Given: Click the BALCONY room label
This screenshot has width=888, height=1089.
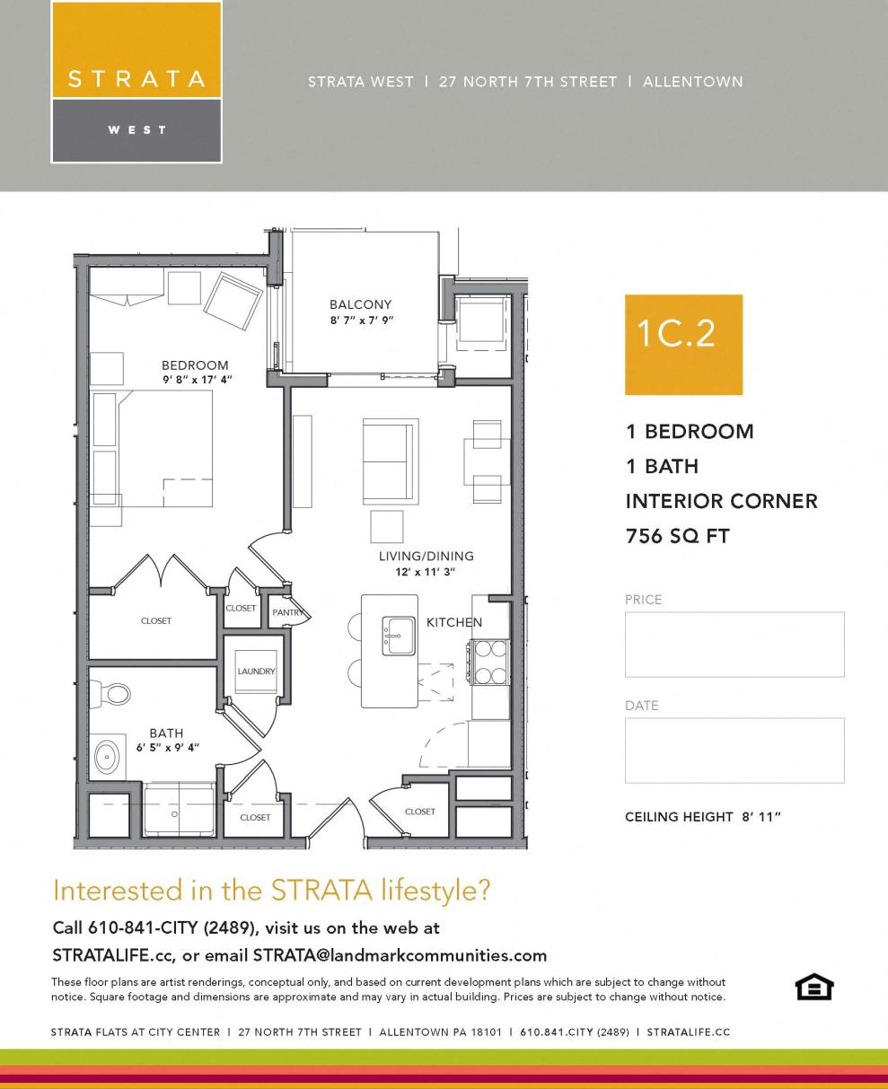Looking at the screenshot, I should click(360, 304).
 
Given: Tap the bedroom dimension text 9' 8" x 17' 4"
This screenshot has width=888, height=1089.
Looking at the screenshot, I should click(196, 380).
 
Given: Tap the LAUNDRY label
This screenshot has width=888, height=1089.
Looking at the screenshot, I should click(256, 671).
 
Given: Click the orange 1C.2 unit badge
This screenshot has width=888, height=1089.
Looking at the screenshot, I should click(683, 344).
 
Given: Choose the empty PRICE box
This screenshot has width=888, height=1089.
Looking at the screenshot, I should click(734, 644).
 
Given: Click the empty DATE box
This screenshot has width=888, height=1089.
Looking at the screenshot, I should click(734, 750).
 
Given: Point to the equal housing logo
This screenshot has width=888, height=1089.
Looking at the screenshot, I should click(814, 988).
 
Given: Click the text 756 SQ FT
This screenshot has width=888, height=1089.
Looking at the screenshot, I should click(677, 537).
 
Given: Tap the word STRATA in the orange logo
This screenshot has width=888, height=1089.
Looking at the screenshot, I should click(136, 78).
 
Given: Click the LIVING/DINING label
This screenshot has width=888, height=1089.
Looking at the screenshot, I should click(426, 556).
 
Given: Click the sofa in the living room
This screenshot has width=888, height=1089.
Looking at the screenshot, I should click(390, 461).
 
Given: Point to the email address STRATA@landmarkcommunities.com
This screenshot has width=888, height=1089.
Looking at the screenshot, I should click(400, 954).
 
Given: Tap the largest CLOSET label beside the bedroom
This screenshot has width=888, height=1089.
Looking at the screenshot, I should click(155, 620).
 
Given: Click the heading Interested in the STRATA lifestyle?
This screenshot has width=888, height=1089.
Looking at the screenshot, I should click(272, 891).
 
